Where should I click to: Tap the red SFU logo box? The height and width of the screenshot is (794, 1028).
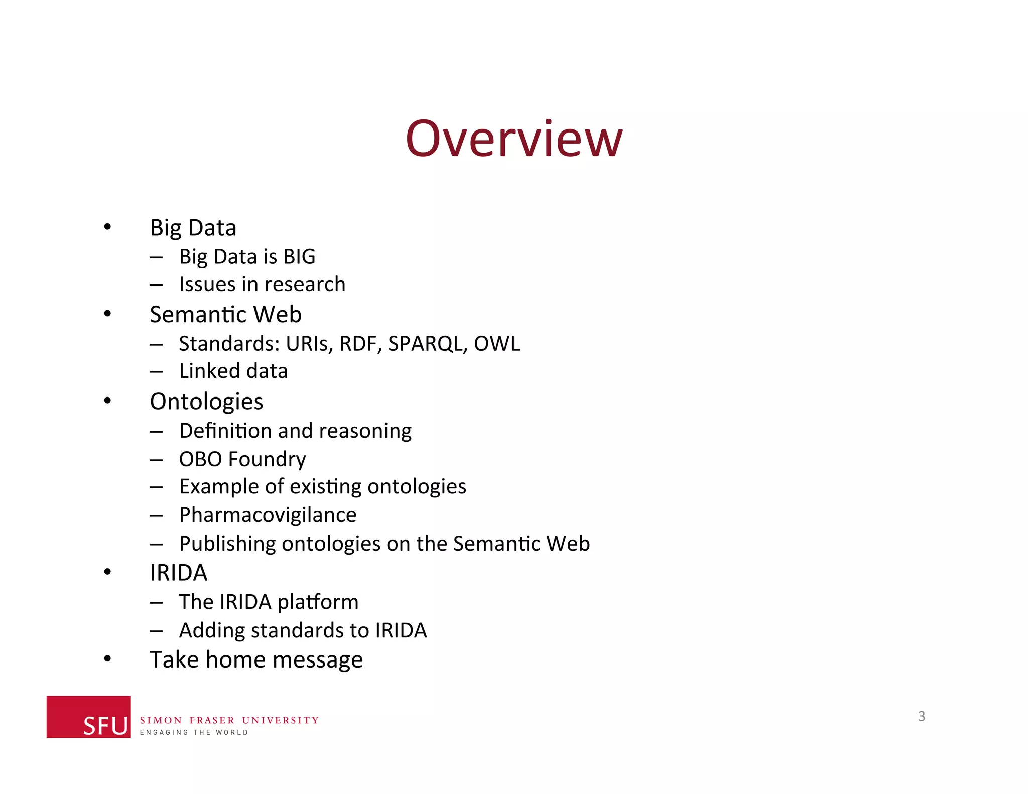tap(88, 716)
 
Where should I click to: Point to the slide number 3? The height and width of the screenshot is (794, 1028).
tap(922, 716)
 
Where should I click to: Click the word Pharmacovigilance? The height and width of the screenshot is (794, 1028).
tap(268, 515)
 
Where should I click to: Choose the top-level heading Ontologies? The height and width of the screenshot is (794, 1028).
tap(206, 402)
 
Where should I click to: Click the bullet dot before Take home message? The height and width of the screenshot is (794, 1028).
tap(107, 658)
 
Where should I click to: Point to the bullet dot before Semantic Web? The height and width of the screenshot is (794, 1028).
tap(107, 314)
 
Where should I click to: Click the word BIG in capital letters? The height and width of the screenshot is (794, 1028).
tap(299, 257)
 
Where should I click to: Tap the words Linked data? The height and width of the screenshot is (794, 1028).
tap(233, 371)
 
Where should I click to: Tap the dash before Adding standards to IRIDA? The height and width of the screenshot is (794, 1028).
tap(156, 631)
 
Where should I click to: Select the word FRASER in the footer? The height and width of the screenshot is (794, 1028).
tap(212, 720)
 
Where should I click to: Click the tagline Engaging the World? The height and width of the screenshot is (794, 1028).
tap(194, 733)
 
